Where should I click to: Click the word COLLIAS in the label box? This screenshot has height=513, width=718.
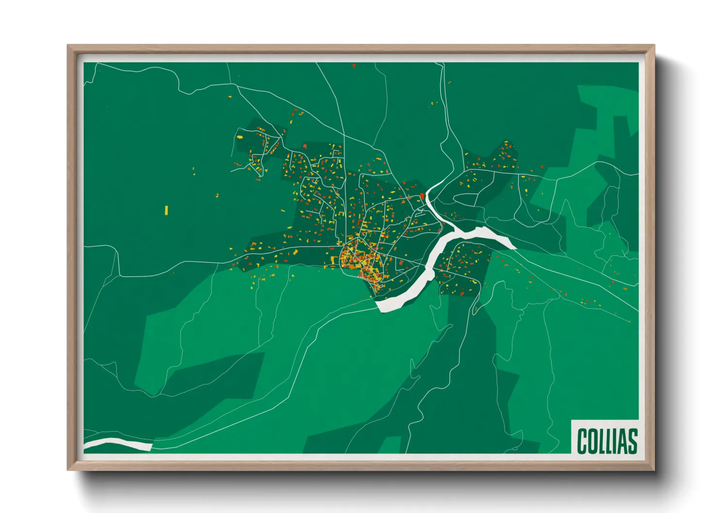point(606,441)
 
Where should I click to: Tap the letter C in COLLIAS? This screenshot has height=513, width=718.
point(582,441)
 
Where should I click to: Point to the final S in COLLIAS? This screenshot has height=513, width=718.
point(632,441)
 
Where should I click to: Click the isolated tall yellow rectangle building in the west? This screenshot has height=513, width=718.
point(166,210)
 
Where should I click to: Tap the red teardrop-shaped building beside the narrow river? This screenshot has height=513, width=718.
point(422,196)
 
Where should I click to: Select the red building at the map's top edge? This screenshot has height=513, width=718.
point(354,65)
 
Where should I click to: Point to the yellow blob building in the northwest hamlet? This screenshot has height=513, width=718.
point(240,137)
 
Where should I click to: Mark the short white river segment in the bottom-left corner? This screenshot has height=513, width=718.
point(119,443)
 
